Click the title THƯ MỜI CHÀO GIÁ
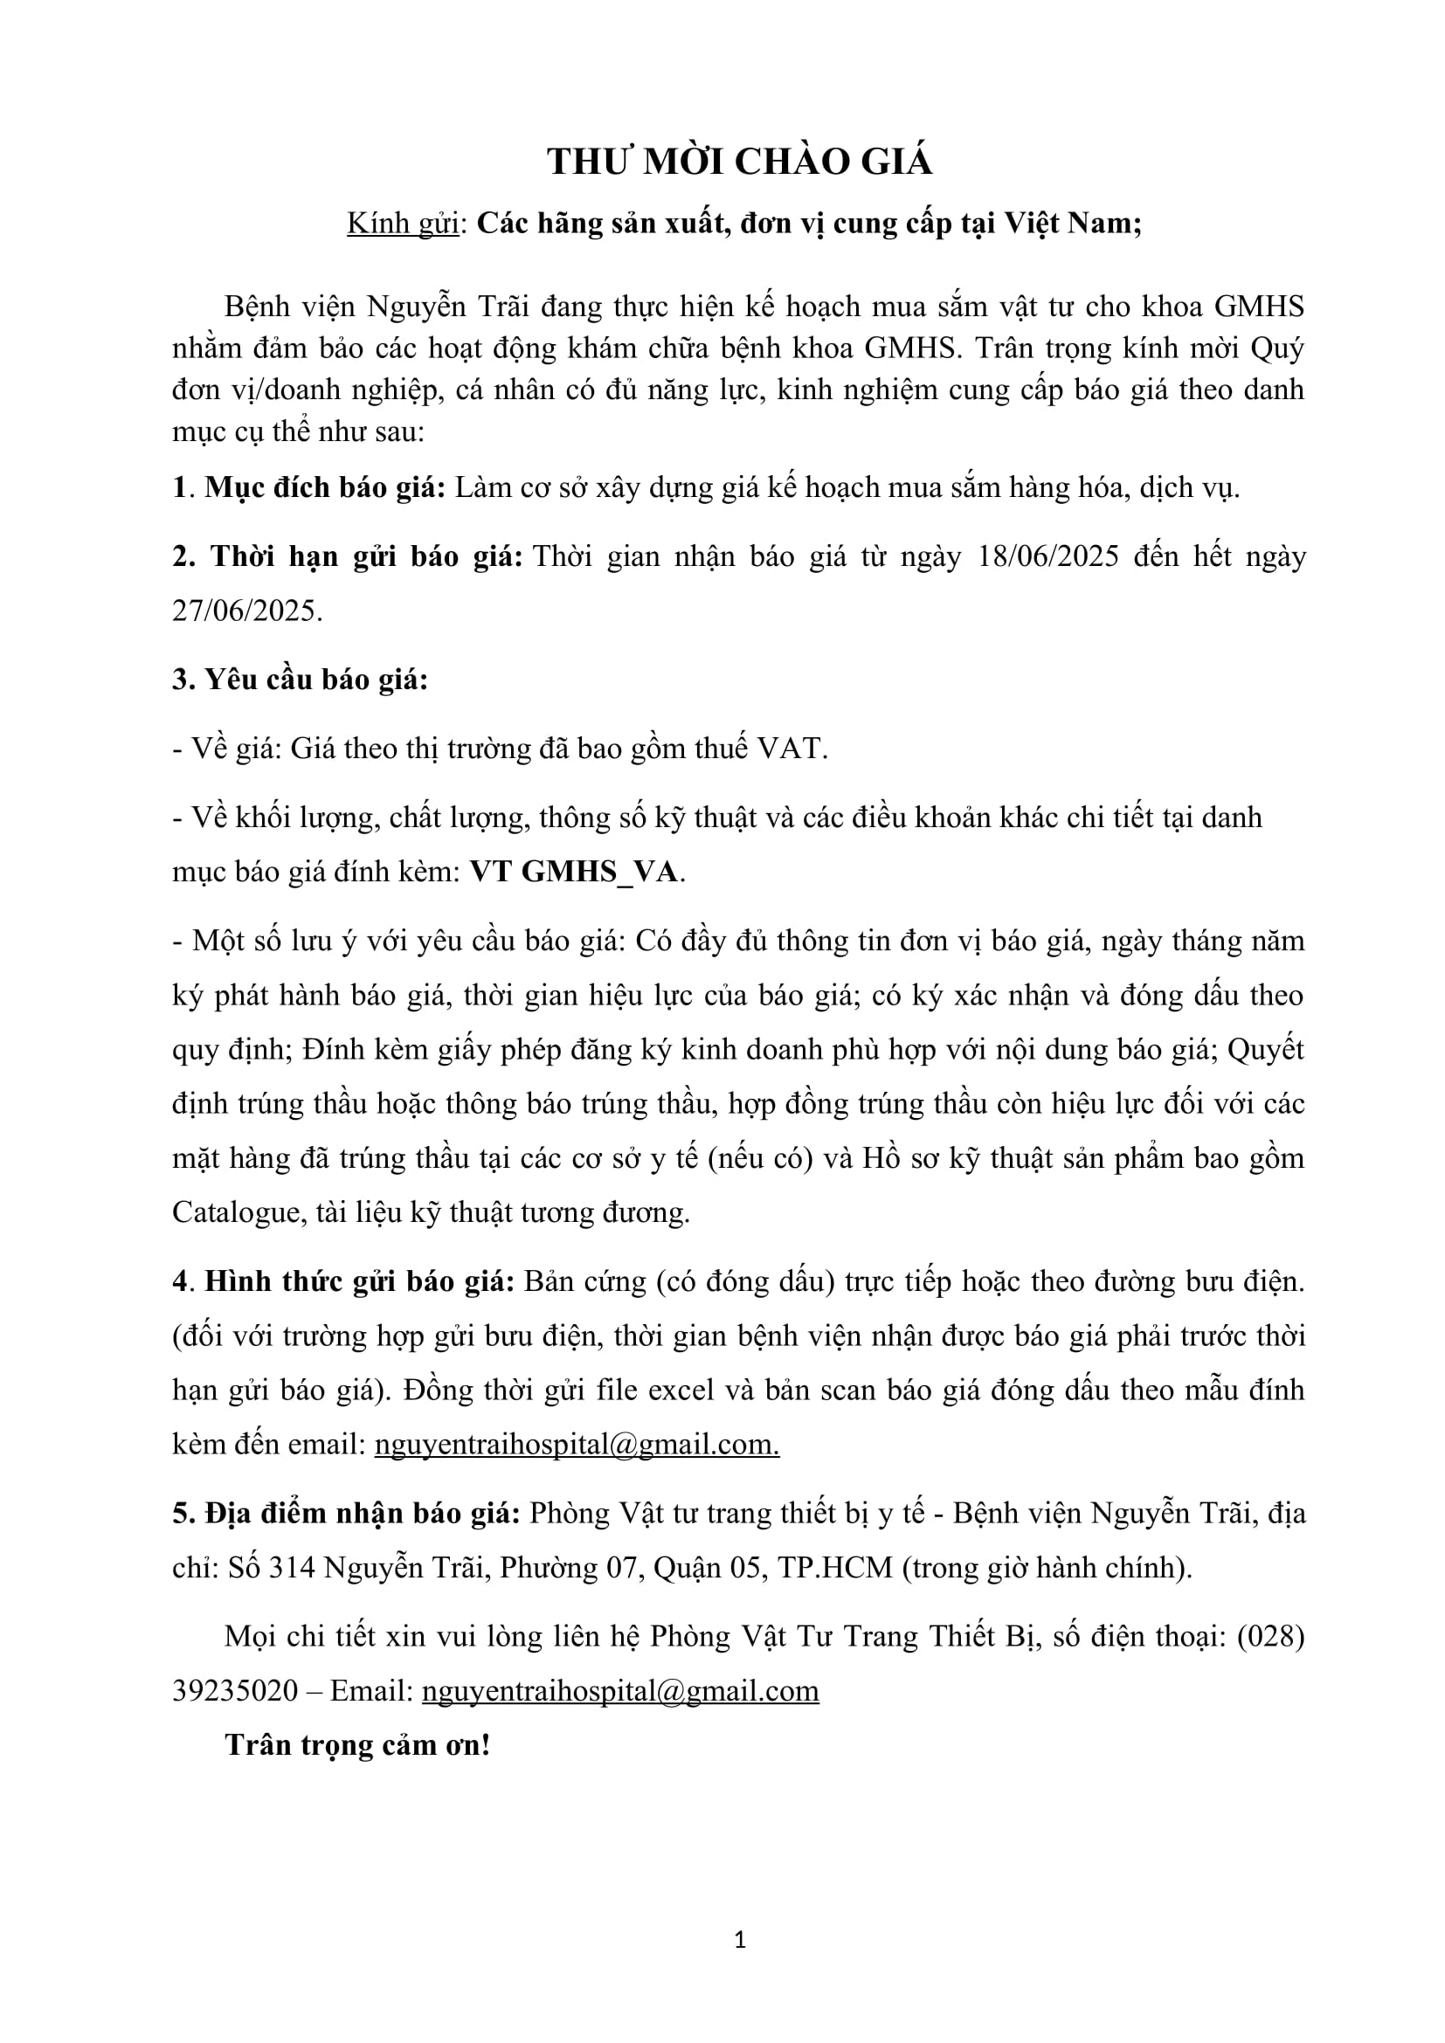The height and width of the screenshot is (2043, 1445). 739,162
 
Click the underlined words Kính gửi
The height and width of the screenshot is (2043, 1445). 402,223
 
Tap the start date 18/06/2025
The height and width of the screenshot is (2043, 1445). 1047,556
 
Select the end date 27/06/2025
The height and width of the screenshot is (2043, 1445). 245,611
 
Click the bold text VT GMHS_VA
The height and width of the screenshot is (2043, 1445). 575,872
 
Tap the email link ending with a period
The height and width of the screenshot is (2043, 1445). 577,1443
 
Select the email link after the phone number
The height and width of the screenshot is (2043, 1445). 620,1691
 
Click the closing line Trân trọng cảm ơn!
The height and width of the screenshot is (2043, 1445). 357,1745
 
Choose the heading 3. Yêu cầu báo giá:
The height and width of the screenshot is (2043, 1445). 301,680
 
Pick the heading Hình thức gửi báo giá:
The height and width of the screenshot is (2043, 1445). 359,1281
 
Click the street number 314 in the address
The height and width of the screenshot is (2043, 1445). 292,1567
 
